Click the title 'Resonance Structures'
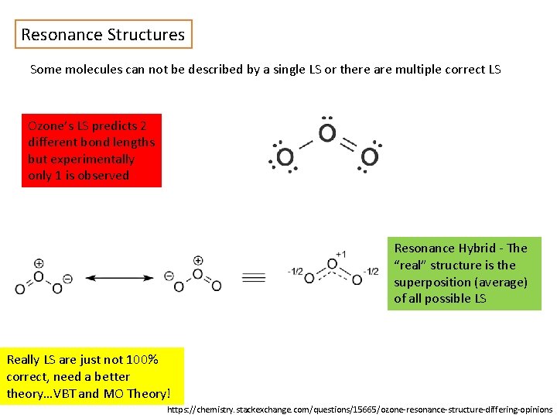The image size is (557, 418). click(x=103, y=35)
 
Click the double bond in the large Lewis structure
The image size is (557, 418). click(x=348, y=143)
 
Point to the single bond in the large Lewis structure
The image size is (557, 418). click(x=306, y=144)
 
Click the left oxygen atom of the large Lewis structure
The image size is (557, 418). click(x=285, y=157)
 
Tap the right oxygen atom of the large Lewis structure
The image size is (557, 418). click(x=369, y=157)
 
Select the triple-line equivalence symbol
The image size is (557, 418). click(x=254, y=277)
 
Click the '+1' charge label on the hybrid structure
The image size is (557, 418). click(x=340, y=254)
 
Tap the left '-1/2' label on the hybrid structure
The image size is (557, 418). click(x=294, y=272)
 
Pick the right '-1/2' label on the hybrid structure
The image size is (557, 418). click(x=371, y=272)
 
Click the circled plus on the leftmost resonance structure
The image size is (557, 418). click(x=39, y=262)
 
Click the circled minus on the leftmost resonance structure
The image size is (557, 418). click(x=67, y=278)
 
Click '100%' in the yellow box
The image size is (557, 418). click(x=143, y=360)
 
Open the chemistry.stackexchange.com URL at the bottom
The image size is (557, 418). click(x=360, y=409)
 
